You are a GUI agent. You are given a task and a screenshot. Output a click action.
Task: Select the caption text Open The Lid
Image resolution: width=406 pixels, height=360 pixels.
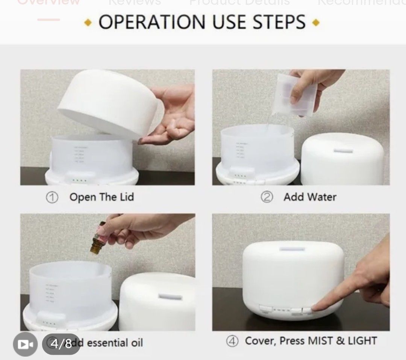(x=101, y=197)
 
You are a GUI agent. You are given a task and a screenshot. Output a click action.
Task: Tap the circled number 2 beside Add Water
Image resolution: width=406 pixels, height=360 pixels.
(x=267, y=197)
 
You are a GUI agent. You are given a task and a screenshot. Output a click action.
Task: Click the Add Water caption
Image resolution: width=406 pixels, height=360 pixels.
(x=310, y=197)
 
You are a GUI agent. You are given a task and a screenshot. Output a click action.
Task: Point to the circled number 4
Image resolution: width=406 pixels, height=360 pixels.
(x=232, y=341)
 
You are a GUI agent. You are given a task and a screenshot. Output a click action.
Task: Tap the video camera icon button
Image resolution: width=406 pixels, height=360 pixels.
(x=25, y=344)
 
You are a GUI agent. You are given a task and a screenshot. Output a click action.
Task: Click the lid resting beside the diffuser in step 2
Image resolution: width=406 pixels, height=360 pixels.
(x=342, y=159)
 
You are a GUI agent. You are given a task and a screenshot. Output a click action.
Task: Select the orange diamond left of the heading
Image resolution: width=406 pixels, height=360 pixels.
(x=88, y=23)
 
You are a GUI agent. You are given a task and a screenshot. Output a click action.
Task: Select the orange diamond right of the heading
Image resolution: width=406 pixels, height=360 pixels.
(x=316, y=23)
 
